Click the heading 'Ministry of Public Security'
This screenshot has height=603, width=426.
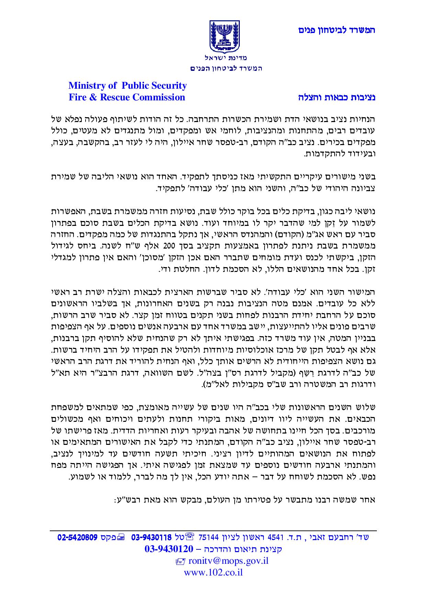(127, 85)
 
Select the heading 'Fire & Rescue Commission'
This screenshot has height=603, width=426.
(127, 97)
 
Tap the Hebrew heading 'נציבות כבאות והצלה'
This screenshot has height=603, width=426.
(337, 97)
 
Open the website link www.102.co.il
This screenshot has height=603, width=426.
(213, 572)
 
